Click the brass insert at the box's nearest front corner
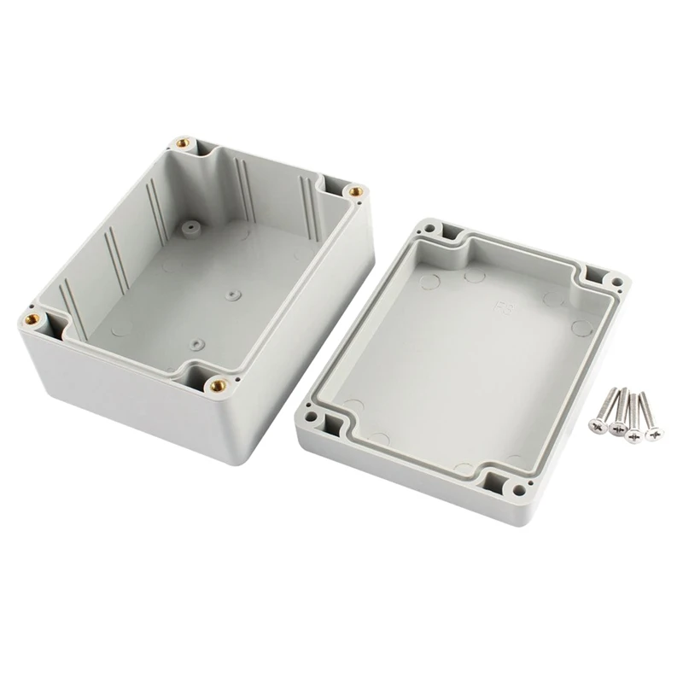click(217, 385)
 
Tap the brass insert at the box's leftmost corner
click(34, 319)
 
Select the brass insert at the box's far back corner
click(181, 144)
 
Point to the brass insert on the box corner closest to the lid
click(355, 191)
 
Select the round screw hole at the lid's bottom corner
click(519, 489)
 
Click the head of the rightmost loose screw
click(654, 434)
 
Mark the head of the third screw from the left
click(633, 435)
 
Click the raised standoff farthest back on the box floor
click(187, 228)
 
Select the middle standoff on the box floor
click(232, 295)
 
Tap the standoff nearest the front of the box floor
click(197, 345)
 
